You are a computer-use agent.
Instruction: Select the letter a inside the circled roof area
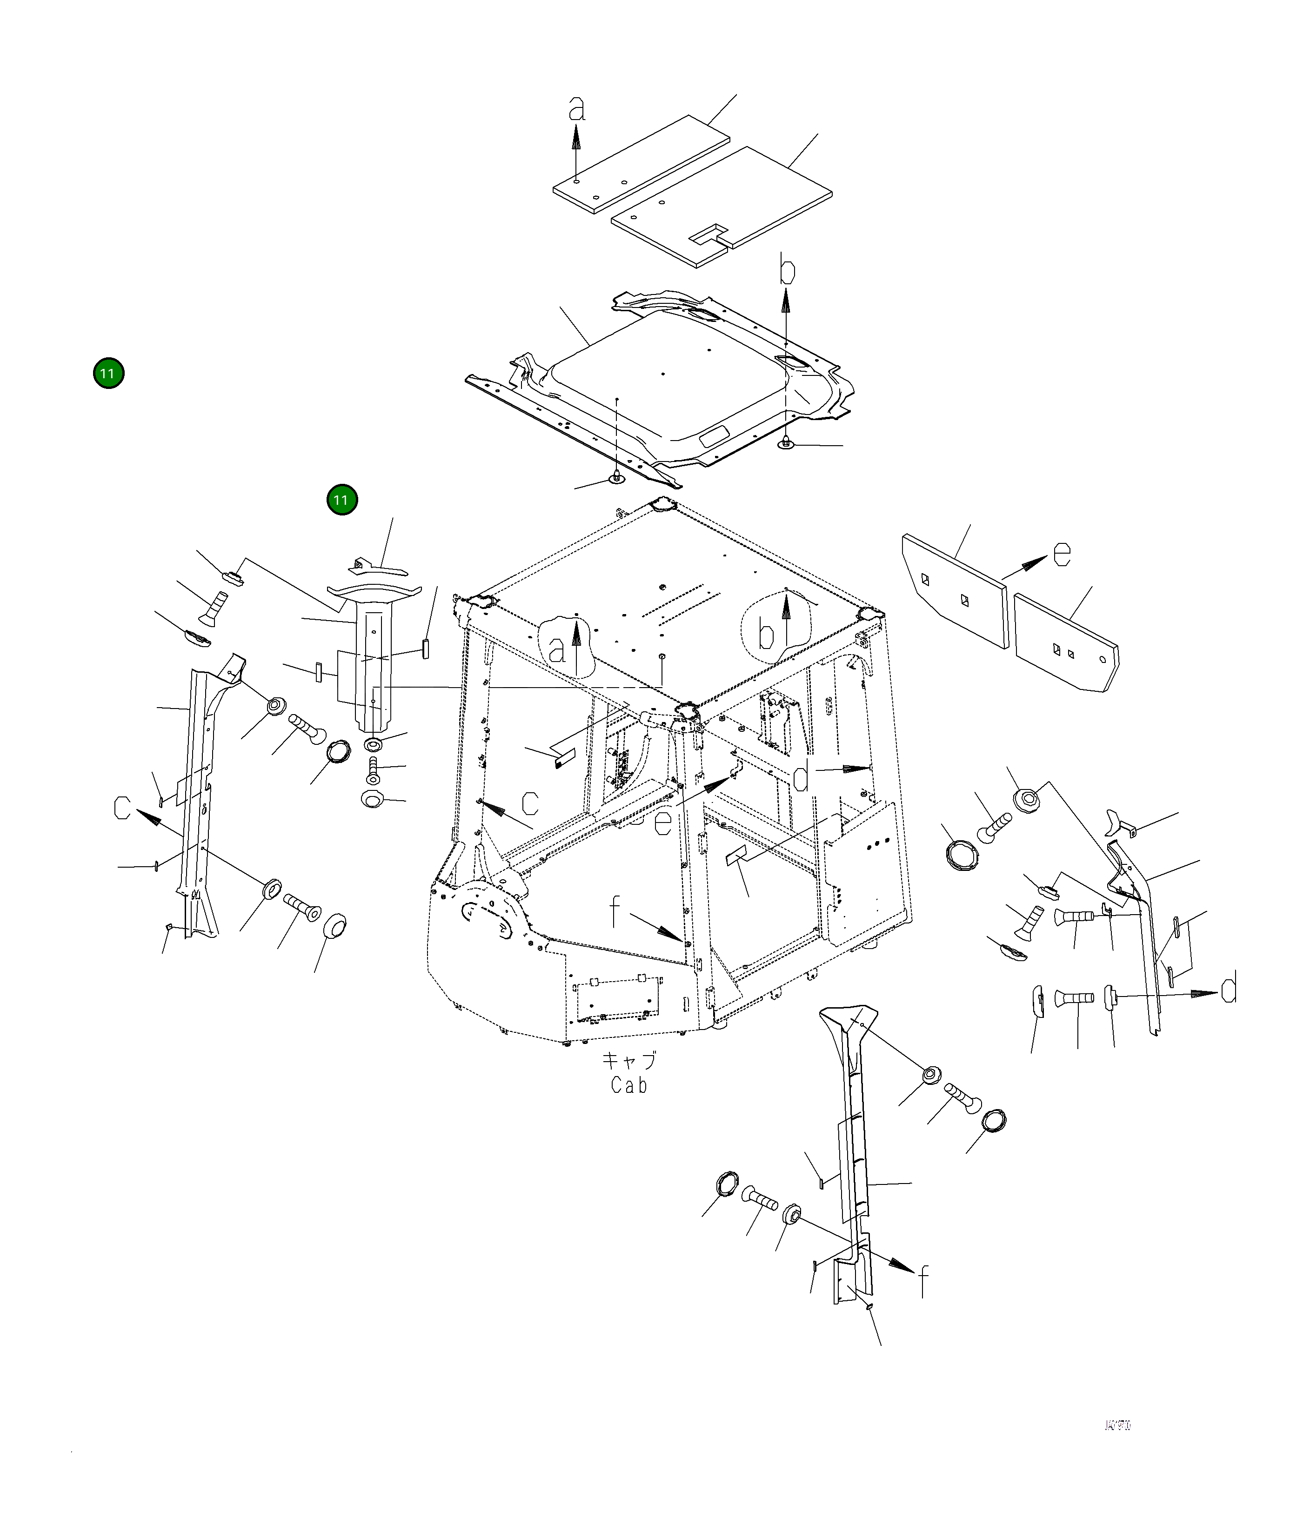coord(557,650)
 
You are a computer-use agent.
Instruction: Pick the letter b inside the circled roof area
coord(767,634)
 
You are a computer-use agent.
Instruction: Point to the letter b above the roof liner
coord(787,271)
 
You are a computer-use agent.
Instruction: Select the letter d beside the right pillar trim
coord(1228,987)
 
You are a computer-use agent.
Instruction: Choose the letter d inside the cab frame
coord(802,776)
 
